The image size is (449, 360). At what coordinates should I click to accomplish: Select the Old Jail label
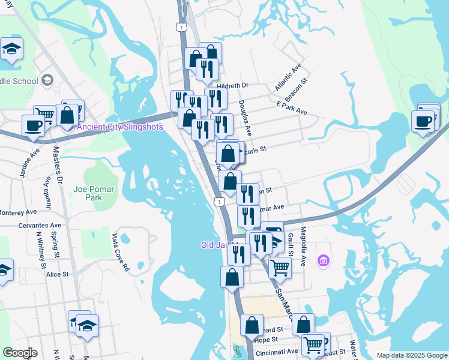[216, 245]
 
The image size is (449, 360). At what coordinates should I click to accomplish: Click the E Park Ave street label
[291, 108]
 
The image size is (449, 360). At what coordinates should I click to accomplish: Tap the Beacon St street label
[296, 89]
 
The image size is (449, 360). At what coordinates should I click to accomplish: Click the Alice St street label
[58, 274]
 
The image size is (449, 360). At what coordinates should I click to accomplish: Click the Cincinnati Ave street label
[277, 352]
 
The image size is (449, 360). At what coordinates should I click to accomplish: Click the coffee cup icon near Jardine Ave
[33, 125]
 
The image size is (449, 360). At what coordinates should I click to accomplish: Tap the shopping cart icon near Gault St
[280, 266]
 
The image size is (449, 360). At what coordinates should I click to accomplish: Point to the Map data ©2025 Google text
[411, 355]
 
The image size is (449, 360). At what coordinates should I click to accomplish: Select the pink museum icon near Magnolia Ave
[324, 260]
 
